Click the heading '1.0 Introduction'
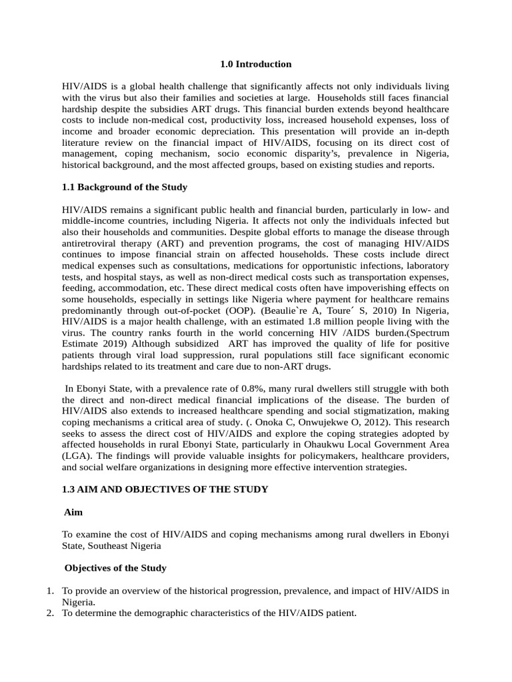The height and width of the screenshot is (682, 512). point(256,65)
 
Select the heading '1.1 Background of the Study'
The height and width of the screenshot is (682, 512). point(125,187)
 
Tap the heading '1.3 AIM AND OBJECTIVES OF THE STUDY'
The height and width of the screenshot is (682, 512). point(165,490)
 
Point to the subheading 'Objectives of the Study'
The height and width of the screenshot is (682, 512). point(115,568)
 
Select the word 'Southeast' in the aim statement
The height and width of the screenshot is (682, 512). point(113,546)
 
